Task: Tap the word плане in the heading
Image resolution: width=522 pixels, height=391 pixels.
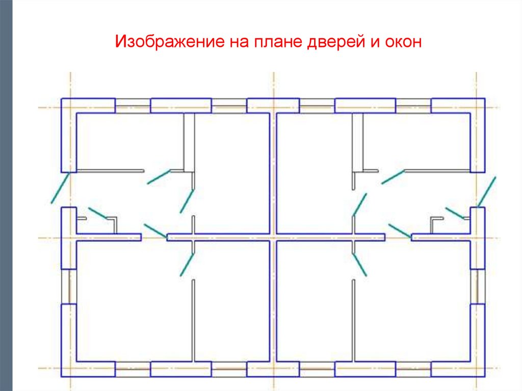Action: pos(276,42)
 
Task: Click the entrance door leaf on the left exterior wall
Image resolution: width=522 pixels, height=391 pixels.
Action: pos(60,188)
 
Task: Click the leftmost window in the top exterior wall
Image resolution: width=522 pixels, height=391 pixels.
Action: pos(133,106)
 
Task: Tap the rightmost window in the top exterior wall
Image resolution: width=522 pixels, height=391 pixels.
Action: pos(413,106)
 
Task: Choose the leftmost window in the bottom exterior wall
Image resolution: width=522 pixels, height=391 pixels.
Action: pos(133,369)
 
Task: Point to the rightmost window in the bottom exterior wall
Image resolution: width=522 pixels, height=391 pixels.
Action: pos(413,369)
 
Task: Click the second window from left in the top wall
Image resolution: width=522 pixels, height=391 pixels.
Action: pos(229,106)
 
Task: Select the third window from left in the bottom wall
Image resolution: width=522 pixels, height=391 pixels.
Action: pos(317,369)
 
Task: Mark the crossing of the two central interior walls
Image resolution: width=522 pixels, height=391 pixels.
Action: pos(273,238)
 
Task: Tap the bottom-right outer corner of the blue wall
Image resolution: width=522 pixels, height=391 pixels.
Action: pos(484,376)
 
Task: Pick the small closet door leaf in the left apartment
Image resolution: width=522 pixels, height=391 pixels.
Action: pos(97,213)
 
